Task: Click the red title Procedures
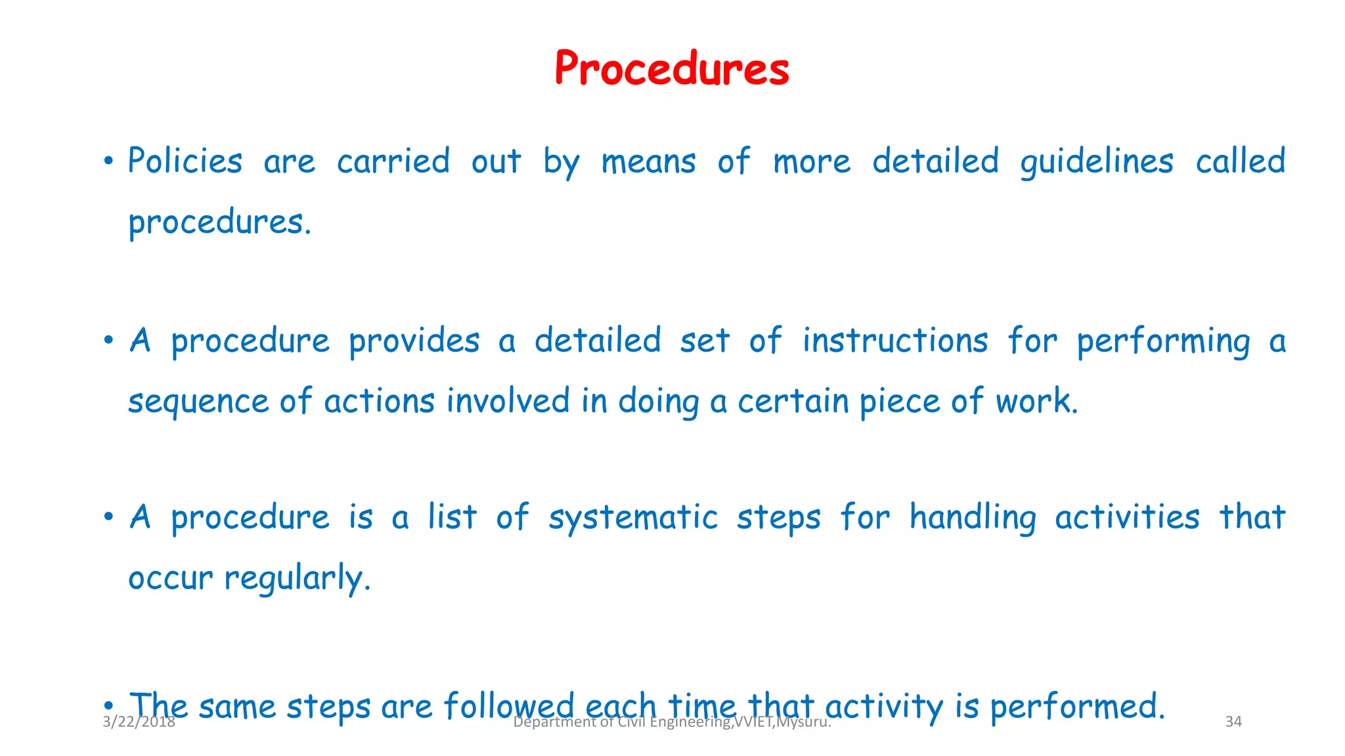pos(671,68)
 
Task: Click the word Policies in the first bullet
pos(185,161)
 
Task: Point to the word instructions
pos(894,341)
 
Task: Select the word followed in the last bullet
pos(509,707)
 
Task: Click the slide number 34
pos(1233,722)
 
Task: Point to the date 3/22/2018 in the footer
pos(139,723)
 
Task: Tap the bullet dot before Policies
pos(108,161)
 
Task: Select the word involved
pos(508,401)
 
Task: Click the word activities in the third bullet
pos(1127,517)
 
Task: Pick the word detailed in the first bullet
pos(935,161)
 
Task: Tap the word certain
pos(793,401)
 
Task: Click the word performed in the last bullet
pos(1077,707)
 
